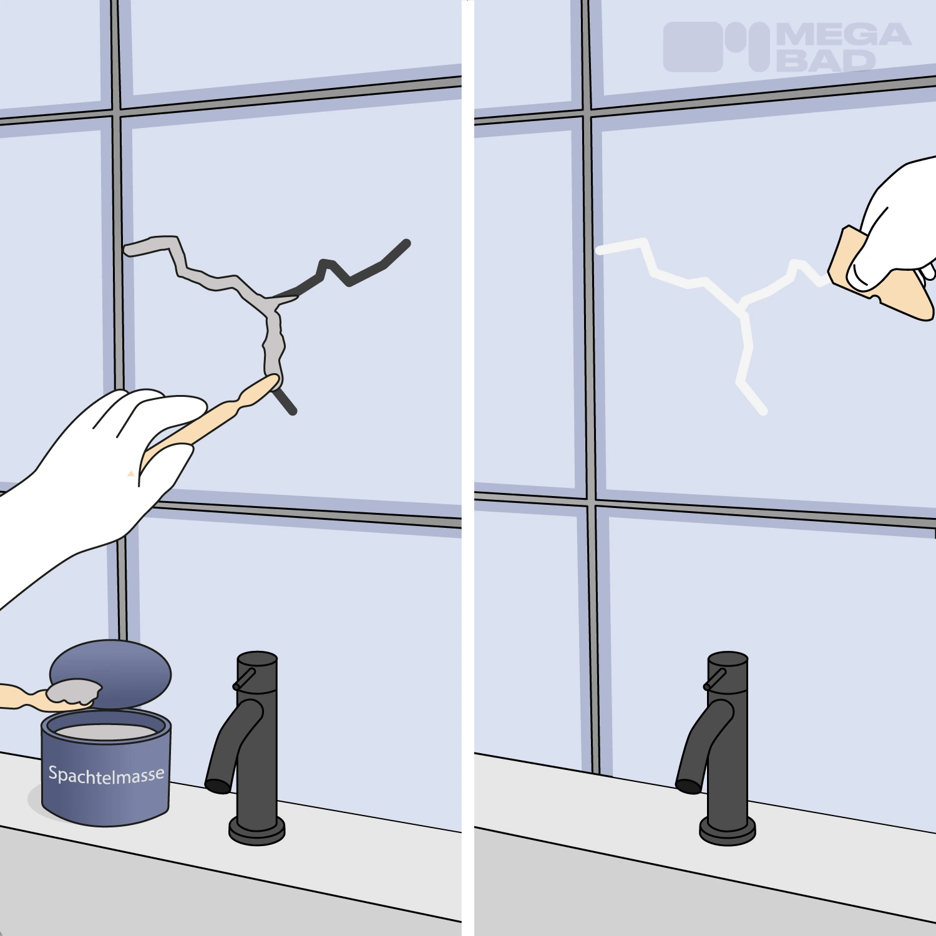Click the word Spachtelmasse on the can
[x=107, y=776]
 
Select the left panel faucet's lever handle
[x=244, y=679]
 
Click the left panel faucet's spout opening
[x=218, y=786]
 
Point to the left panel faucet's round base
[x=257, y=830]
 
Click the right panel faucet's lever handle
[x=714, y=679]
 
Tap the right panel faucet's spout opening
[x=688, y=786]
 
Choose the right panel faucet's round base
[x=728, y=830]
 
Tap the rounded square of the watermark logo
[x=693, y=47]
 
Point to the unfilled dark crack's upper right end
[x=406, y=243]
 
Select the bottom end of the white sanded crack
[x=763, y=411]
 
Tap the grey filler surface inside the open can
[x=106, y=731]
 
